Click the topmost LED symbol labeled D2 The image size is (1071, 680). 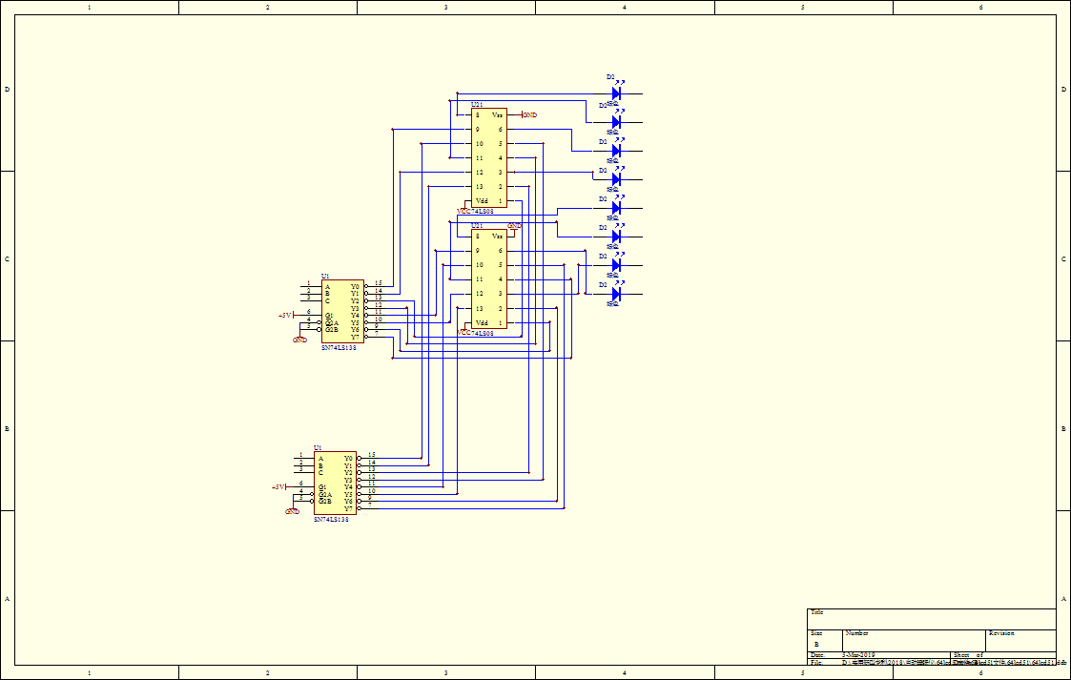[x=616, y=93]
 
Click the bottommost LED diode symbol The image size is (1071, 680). [x=616, y=294]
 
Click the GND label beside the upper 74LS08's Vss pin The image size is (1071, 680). [x=529, y=115]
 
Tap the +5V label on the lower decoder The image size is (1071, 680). [x=278, y=486]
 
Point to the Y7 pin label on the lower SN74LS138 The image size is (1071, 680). [x=348, y=508]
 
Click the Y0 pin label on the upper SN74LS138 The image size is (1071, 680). [x=355, y=286]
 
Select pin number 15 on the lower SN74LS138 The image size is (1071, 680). [x=372, y=455]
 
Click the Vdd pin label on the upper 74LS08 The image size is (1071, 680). [x=482, y=201]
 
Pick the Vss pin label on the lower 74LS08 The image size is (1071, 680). [x=497, y=236]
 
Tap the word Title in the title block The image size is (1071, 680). [x=816, y=612]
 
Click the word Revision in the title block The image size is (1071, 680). [x=1001, y=633]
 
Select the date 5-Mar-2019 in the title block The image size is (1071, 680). [x=860, y=655]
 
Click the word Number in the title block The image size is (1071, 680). [x=856, y=633]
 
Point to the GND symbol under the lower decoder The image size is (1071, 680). [x=293, y=511]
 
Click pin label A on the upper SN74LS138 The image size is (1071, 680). [x=327, y=286]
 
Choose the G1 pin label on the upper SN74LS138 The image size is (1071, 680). [x=329, y=315]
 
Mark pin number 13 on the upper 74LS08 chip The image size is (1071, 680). [x=479, y=187]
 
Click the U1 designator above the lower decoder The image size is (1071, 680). [x=318, y=447]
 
